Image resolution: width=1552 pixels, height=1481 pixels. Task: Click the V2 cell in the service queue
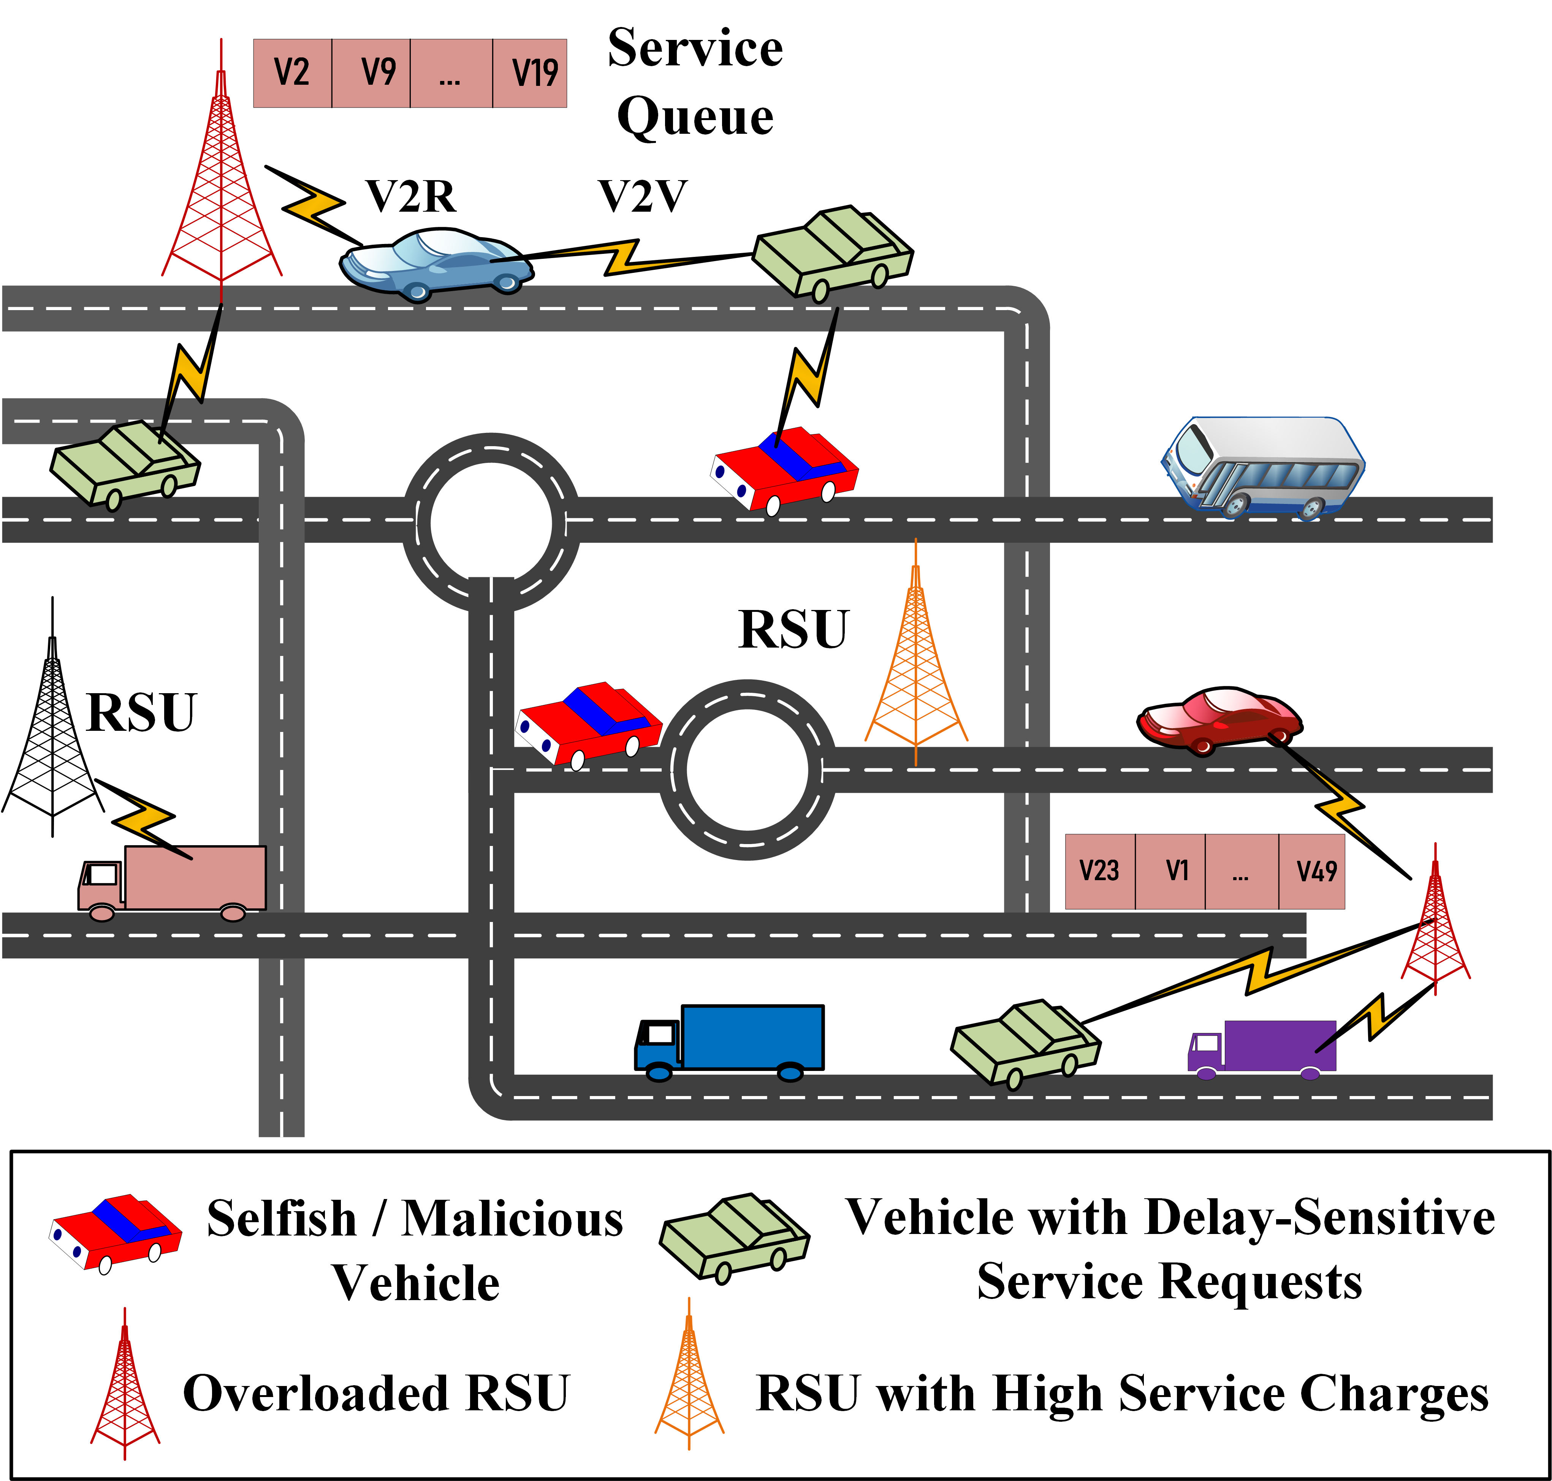tap(292, 73)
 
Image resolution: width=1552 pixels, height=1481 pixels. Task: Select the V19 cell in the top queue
tap(531, 73)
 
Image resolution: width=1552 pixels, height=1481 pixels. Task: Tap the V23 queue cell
tap(1100, 871)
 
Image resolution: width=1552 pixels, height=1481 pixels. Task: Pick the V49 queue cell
tap(1312, 871)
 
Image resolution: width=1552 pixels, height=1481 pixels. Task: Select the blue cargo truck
tap(730, 1041)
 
